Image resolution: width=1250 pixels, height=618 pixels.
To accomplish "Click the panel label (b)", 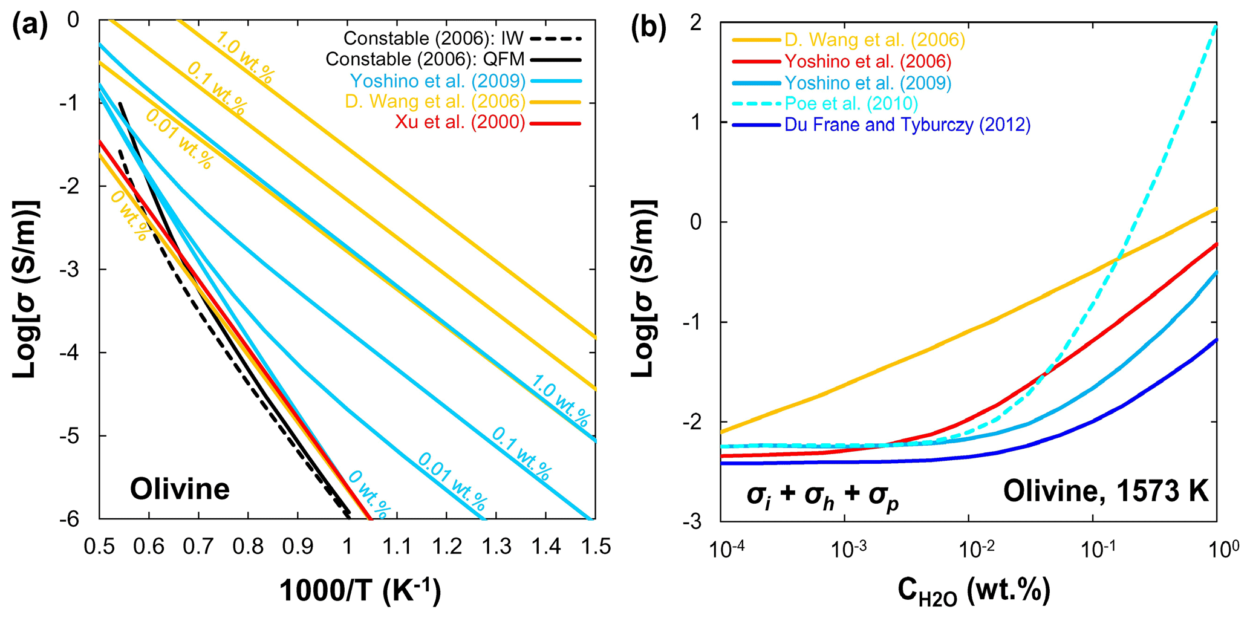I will point(648,28).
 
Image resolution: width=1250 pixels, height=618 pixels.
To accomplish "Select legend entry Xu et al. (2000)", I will point(460,123).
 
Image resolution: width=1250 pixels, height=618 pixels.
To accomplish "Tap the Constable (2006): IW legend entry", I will point(434,39).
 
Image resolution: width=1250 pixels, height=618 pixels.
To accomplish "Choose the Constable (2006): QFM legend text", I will point(425,59).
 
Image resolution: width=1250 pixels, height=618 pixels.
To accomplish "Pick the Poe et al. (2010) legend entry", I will point(851,103).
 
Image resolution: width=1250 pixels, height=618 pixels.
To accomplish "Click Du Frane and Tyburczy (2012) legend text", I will point(907,125).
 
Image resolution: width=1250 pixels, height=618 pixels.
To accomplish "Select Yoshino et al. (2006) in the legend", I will point(868,61).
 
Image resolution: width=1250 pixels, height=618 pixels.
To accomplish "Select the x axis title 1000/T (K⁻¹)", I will point(360,591).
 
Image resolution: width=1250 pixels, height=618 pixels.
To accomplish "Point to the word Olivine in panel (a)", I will point(180,489).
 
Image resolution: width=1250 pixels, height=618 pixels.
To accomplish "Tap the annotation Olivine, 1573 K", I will point(1105,491).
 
